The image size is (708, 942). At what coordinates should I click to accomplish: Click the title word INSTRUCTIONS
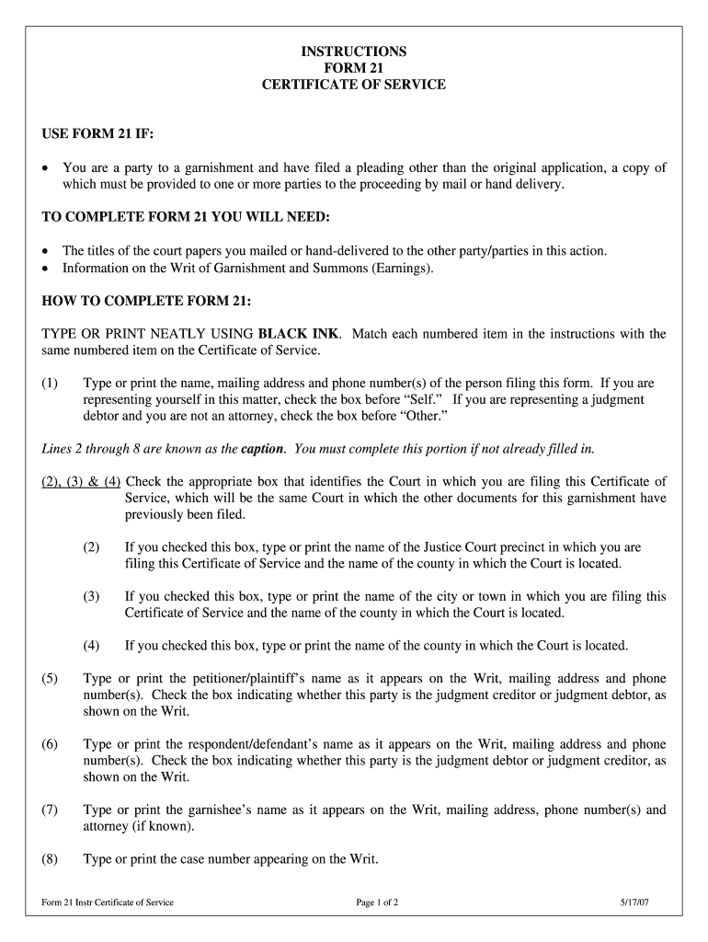[x=354, y=51]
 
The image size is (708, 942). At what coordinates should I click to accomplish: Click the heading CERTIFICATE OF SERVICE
[x=354, y=84]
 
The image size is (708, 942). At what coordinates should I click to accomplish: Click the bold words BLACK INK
[x=299, y=334]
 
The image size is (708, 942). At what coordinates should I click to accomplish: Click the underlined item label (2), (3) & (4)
[x=81, y=481]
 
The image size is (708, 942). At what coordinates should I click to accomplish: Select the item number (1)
[x=50, y=383]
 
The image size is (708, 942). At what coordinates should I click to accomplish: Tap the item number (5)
[x=50, y=679]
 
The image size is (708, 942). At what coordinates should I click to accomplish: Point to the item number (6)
[x=50, y=744]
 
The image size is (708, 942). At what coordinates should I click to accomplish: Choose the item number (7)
[x=50, y=810]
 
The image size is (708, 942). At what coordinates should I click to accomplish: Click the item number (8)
[x=50, y=860]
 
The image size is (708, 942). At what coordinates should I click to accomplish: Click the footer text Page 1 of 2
[x=377, y=902]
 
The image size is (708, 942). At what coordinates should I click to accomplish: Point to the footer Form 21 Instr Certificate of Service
[x=108, y=902]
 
